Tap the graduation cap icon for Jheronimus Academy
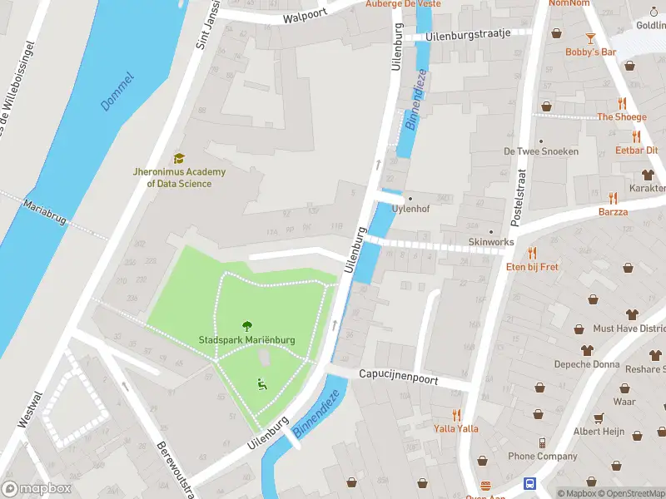pos(178,158)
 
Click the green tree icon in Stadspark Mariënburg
pos(246,326)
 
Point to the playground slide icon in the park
pos(261,383)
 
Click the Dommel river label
pos(117,91)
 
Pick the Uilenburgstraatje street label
pos(467,37)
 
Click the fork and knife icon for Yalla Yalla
pos(456,414)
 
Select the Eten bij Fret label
pos(532,267)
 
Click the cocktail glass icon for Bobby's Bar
pos(590,37)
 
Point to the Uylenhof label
pos(410,209)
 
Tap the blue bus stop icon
pos(529,483)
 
